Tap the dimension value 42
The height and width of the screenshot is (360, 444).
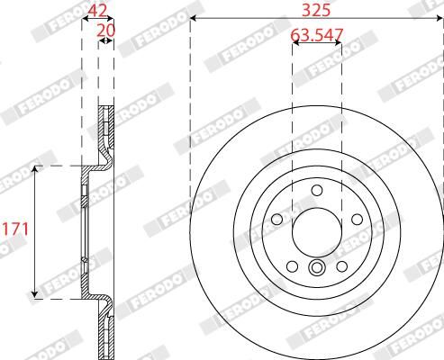98,11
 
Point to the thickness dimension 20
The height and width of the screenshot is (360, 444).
105,30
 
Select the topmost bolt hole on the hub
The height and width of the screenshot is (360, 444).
317,190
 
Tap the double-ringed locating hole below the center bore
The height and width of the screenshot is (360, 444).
317,267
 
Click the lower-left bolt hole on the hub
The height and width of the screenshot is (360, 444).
293,264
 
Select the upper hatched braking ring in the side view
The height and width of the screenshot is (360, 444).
105,135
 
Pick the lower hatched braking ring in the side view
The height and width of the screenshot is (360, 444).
105,324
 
